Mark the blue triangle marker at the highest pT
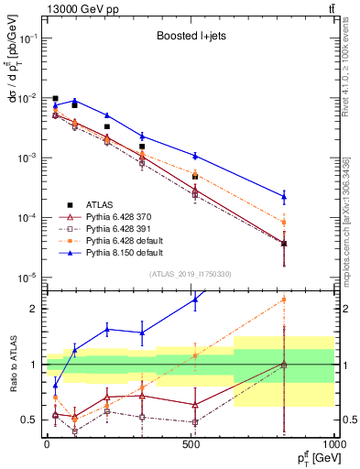(284, 196)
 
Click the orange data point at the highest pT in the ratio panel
(284, 300)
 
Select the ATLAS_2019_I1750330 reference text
(190, 274)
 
